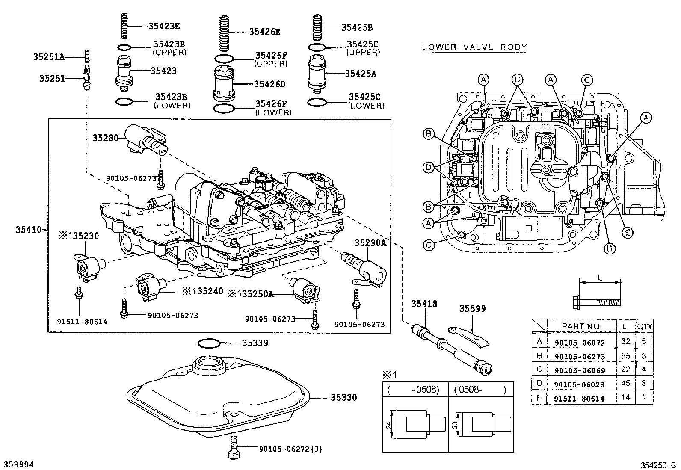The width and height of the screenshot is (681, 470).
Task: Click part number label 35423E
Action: point(164,26)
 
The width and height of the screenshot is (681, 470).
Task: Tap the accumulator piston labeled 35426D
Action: point(224,84)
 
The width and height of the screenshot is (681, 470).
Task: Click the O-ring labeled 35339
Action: point(209,343)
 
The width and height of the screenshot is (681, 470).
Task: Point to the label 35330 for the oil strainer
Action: point(343,398)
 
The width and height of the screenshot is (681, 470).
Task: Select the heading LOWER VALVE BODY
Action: point(474,47)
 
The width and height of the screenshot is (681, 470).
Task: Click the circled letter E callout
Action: point(627,232)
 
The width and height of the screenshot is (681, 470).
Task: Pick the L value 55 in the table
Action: point(625,356)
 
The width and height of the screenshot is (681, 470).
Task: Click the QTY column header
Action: point(644,326)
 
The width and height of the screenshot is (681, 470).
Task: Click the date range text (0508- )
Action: point(480,390)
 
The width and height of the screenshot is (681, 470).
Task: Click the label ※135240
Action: point(203,291)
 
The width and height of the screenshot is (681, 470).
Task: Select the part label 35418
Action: point(424,304)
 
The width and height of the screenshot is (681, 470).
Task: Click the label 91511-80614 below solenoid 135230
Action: point(82,322)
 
